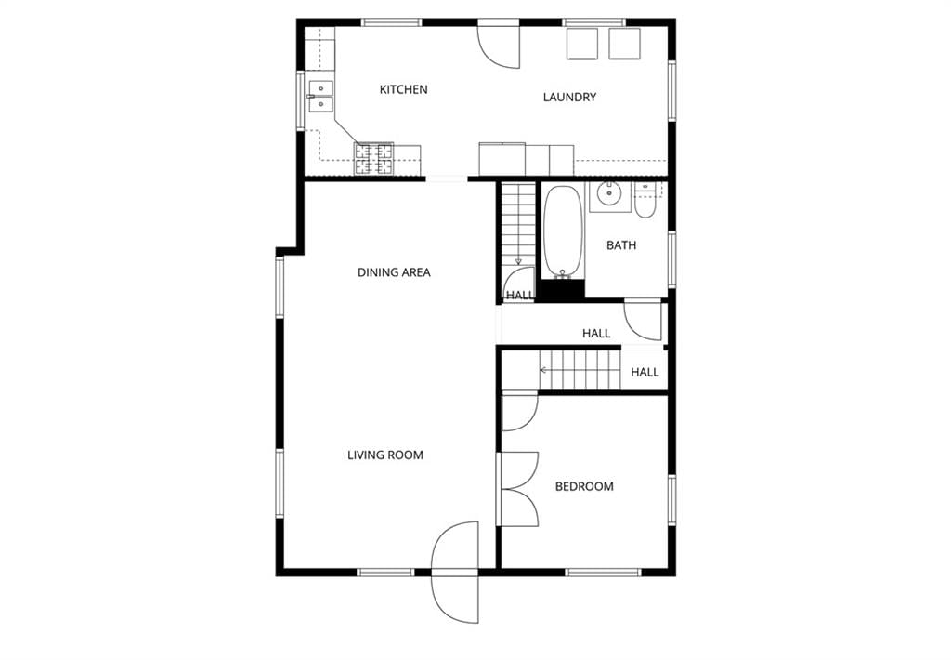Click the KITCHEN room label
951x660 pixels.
[x=403, y=90]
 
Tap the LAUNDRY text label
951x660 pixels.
[x=569, y=98]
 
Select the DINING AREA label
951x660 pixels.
[x=394, y=272]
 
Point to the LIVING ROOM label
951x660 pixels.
[x=385, y=455]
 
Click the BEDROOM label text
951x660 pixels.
[x=584, y=486]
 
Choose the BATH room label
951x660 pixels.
[x=621, y=245]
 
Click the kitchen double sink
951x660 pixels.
[x=320, y=97]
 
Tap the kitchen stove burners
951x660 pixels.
[x=373, y=159]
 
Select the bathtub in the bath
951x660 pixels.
[x=564, y=232]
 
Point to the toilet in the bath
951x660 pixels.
[x=645, y=201]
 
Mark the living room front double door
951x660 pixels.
[x=455, y=572]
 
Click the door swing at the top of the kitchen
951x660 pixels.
[x=499, y=46]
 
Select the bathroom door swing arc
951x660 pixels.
[x=643, y=320]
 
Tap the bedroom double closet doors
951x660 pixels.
[x=518, y=489]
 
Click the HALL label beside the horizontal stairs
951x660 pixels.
[x=645, y=372]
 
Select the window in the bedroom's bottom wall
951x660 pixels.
[x=603, y=572]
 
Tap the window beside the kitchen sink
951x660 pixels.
[x=300, y=100]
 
